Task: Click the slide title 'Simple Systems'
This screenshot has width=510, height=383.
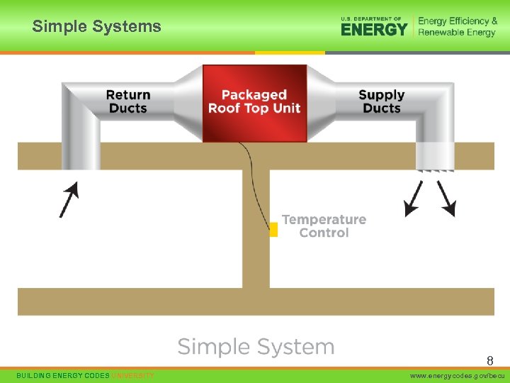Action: (x=97, y=27)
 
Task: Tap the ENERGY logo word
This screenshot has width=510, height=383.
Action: (x=374, y=29)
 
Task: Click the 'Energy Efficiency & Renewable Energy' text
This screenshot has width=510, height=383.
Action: (x=458, y=26)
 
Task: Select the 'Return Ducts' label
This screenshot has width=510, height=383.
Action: (x=128, y=101)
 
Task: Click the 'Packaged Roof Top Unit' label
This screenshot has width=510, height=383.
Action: (x=254, y=101)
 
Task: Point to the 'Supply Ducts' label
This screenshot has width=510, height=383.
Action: (x=382, y=101)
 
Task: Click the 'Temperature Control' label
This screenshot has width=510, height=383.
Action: (x=324, y=226)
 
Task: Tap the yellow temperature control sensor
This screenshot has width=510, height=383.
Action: (x=273, y=229)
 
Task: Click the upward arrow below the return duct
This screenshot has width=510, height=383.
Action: (x=69, y=199)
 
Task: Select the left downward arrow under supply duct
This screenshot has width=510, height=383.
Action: (x=413, y=198)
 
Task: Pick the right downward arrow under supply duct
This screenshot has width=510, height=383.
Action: (x=446, y=198)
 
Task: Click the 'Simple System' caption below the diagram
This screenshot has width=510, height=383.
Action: (x=256, y=347)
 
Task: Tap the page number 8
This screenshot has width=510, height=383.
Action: (x=489, y=361)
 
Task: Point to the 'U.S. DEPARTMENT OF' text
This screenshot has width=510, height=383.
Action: (x=371, y=18)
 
